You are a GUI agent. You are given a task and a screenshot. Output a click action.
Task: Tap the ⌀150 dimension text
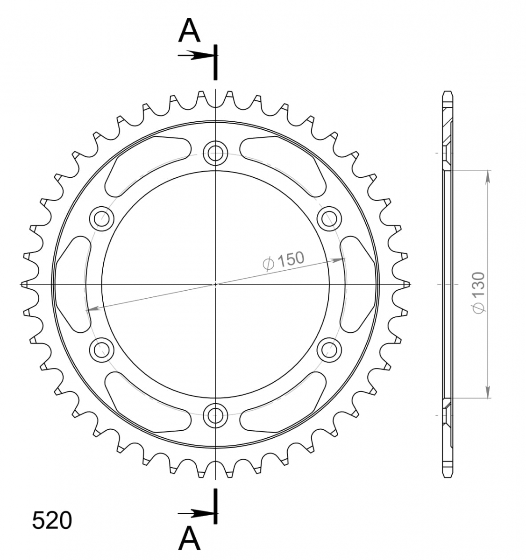pos(284,260)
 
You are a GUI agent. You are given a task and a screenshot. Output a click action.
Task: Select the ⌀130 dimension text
pos(478,293)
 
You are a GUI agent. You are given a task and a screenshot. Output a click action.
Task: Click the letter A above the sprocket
pos(190,30)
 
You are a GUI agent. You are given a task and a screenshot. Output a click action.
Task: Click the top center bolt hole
pos(215,153)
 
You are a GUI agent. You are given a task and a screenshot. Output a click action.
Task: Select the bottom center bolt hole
pos(215,416)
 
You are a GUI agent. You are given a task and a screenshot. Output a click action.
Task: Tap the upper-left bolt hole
pos(102,219)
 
